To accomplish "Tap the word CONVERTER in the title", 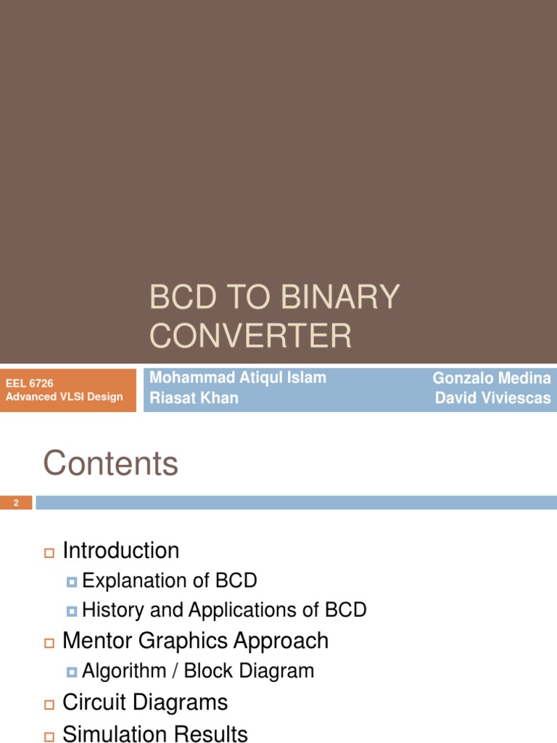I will click(x=250, y=336).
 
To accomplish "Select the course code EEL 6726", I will click(x=30, y=383).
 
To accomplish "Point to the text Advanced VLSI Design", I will click(x=64, y=396).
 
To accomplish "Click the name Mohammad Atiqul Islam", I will click(x=237, y=377).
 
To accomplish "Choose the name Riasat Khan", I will click(x=194, y=398).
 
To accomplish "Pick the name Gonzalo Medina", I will click(x=491, y=377).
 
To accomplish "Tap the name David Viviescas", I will click(x=492, y=398).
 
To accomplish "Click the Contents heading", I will click(x=110, y=463).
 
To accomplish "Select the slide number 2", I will click(x=15, y=502).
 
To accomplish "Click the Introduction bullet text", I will click(x=121, y=550).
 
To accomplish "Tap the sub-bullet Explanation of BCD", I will click(x=170, y=580).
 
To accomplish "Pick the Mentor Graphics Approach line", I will click(x=195, y=641).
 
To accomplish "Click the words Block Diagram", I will click(x=249, y=670).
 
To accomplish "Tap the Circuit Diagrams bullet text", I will click(x=145, y=702).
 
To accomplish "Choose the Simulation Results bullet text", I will click(x=155, y=734).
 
